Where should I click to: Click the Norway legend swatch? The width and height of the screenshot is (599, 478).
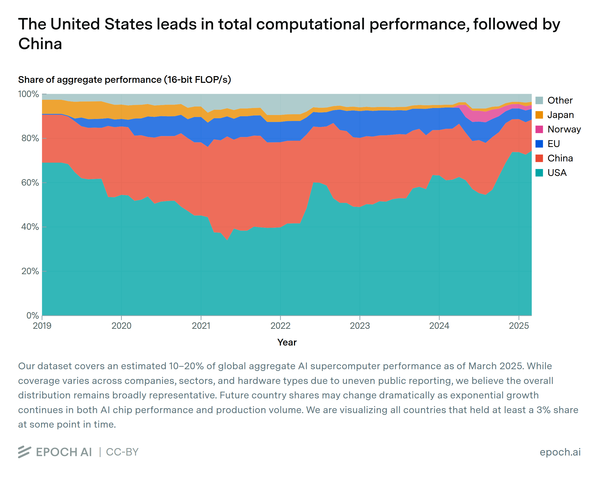click(539, 129)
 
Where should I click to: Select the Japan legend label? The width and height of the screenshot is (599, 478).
click(560, 115)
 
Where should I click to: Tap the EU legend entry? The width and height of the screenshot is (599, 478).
click(553, 144)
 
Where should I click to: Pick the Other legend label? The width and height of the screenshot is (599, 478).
click(560, 100)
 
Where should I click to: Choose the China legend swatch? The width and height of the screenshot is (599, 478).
click(539, 158)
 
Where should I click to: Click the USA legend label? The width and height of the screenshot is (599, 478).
click(557, 173)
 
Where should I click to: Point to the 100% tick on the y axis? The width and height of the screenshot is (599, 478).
click(29, 94)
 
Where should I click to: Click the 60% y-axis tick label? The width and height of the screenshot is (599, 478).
click(30, 183)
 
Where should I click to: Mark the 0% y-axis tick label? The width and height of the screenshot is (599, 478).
click(32, 316)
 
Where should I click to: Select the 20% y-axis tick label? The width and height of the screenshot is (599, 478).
click(30, 271)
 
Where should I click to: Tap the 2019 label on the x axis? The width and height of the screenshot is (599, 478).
click(42, 326)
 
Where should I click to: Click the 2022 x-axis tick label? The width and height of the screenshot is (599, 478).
click(280, 326)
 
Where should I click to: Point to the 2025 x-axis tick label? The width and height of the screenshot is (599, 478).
click(518, 326)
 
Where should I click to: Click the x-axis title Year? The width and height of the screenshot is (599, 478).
click(287, 342)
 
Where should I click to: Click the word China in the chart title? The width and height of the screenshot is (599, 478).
click(40, 44)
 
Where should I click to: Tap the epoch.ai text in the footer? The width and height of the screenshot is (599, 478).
click(560, 452)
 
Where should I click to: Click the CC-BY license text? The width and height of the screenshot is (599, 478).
click(122, 452)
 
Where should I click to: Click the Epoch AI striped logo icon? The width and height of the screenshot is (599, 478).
click(24, 452)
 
